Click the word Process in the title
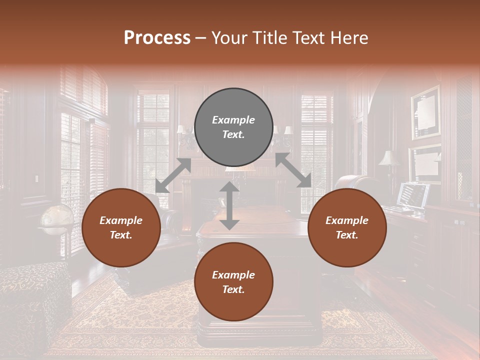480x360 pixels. [157, 38]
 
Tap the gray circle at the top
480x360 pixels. [233, 127]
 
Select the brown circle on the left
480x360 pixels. [121, 228]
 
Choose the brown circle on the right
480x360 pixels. [347, 228]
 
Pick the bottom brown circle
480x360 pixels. [233, 282]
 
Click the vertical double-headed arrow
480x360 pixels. [229, 205]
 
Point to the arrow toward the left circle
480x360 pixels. [173, 175]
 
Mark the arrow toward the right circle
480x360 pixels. [293, 170]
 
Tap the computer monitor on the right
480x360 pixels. [413, 195]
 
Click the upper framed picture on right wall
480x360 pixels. [425, 112]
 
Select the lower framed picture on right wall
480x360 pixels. [424, 163]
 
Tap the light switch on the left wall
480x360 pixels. [36, 179]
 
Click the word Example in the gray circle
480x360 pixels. [233, 120]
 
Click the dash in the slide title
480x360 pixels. [201, 38]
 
